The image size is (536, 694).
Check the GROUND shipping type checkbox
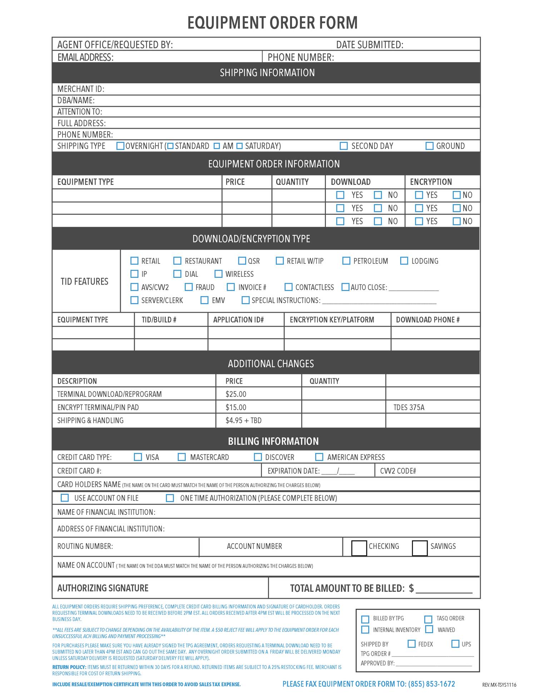(x=430, y=146)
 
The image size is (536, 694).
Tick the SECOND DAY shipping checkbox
(x=344, y=146)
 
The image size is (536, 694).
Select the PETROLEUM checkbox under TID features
(x=346, y=261)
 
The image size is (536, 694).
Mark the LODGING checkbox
(x=404, y=261)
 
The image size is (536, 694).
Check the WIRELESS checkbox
(x=218, y=274)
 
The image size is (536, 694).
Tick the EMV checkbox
(x=204, y=300)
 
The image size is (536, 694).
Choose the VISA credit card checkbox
(x=138, y=457)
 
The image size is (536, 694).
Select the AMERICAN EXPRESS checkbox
(x=319, y=457)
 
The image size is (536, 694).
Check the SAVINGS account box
(x=420, y=548)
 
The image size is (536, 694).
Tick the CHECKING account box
(x=359, y=548)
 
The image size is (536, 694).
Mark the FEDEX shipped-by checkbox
(x=412, y=644)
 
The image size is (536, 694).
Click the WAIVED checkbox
(x=430, y=629)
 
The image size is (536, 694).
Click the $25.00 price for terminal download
(x=236, y=394)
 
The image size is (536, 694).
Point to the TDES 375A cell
(x=409, y=407)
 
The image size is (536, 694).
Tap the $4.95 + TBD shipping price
(x=243, y=420)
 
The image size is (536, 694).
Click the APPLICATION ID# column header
(x=238, y=320)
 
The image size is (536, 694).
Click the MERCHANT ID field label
(x=81, y=89)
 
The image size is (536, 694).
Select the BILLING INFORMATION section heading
(x=273, y=441)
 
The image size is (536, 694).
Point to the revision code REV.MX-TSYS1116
(x=499, y=685)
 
